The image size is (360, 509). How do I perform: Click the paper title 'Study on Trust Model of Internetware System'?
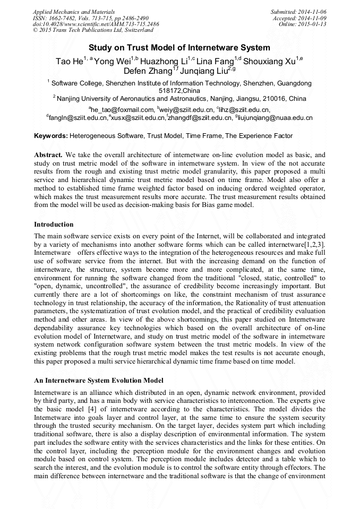179,47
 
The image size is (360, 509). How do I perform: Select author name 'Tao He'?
69,62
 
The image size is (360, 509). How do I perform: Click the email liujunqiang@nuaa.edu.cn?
278,118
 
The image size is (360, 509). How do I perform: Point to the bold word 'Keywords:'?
51,136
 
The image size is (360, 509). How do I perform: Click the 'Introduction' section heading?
54,225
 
